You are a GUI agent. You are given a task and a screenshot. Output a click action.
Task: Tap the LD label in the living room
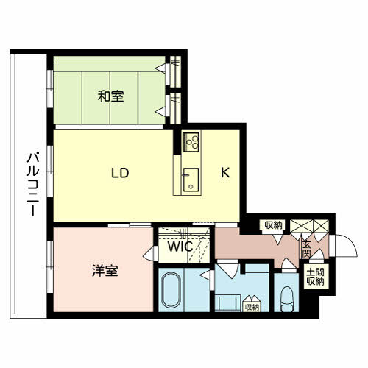120,174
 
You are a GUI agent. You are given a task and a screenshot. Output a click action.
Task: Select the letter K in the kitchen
227,174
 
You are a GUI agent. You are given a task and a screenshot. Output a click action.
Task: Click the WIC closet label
180,247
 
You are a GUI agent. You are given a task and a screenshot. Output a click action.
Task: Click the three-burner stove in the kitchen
192,140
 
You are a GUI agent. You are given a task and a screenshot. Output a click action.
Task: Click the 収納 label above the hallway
273,225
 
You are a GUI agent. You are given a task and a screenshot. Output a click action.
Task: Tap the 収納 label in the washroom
252,307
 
